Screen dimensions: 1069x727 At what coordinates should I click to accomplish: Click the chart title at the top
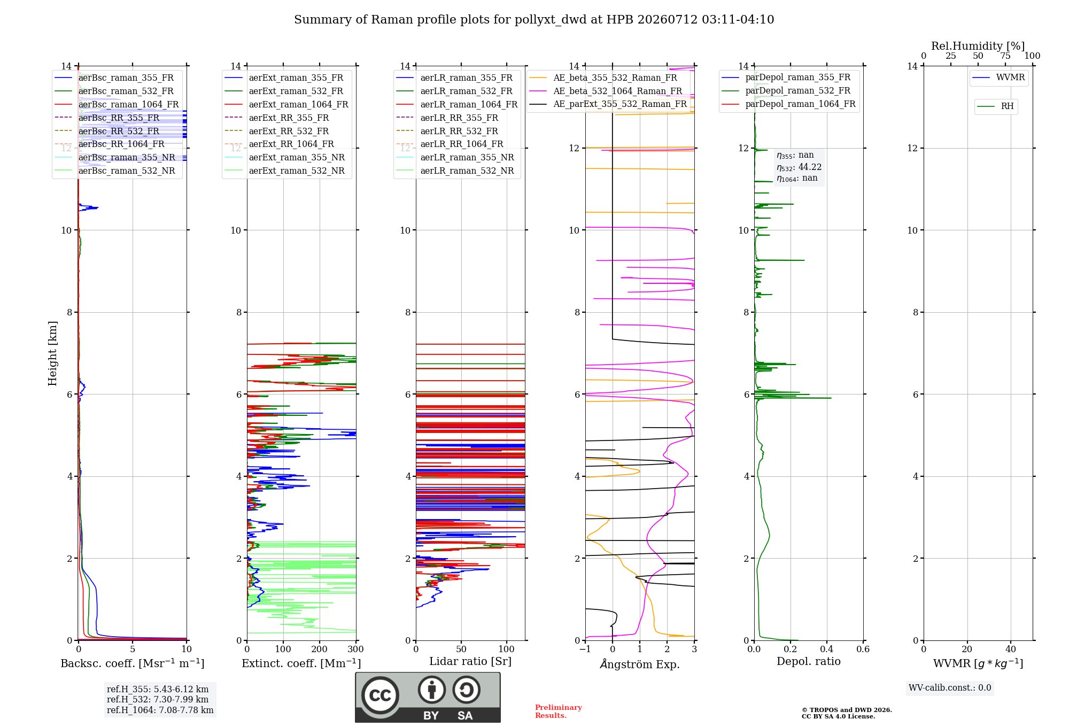click(x=534, y=20)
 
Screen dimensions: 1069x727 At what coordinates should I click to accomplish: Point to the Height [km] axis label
click(x=52, y=353)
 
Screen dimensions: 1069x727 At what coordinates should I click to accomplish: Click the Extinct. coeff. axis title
click(x=301, y=663)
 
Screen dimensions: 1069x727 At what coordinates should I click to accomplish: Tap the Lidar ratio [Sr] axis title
click(x=470, y=662)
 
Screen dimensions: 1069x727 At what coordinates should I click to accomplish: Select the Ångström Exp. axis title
click(x=640, y=663)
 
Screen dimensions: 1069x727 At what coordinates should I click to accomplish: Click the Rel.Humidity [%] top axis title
click(x=978, y=46)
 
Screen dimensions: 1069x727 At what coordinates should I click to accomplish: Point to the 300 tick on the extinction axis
click(x=356, y=649)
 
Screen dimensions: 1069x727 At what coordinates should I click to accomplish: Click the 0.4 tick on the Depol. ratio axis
click(x=827, y=649)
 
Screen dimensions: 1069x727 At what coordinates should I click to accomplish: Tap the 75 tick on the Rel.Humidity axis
click(x=1005, y=56)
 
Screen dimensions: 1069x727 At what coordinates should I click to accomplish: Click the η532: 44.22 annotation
click(x=799, y=167)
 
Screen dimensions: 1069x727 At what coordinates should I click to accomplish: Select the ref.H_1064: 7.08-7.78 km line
click(x=160, y=710)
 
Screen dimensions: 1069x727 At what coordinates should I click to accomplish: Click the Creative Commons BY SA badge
click(x=428, y=698)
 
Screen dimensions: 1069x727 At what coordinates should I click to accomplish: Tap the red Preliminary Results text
click(x=559, y=711)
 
